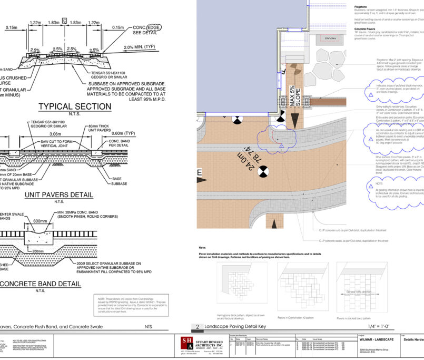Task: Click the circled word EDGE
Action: pyautogui.click(x=154, y=26)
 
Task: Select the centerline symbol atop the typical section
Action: pyautogui.click(x=64, y=21)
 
